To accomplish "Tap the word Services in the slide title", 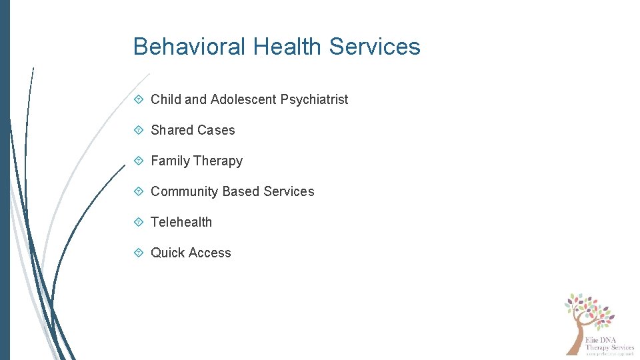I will pyautogui.click(x=375, y=47).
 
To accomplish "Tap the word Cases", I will pyautogui.click(x=217, y=130).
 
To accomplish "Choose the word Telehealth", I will pyautogui.click(x=181, y=222).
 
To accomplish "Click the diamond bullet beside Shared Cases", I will pyautogui.click(x=139, y=130).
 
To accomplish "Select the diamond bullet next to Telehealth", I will pyautogui.click(x=139, y=222).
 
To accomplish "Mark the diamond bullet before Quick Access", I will pyautogui.click(x=139, y=253).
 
